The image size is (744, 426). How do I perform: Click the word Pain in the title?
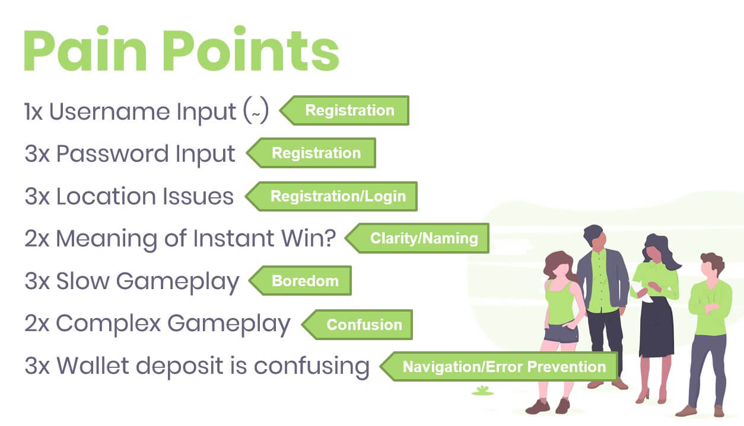click(85, 49)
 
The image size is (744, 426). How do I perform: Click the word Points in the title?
click(251, 49)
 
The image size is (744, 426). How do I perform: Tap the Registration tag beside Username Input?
click(345, 110)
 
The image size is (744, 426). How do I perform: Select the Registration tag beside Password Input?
click(311, 153)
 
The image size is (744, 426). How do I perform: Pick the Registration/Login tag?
click(332, 196)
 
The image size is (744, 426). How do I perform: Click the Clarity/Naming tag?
click(417, 238)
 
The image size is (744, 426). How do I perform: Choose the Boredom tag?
click(300, 281)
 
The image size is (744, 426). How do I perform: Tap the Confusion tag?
click(357, 325)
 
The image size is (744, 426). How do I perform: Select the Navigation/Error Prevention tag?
click(499, 367)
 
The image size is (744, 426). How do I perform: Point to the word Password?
click(112, 153)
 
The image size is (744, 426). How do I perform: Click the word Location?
click(106, 196)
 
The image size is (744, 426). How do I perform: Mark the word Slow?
click(82, 281)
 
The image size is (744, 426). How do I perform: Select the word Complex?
click(109, 324)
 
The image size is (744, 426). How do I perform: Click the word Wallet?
click(93, 366)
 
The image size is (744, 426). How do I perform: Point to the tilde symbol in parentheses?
click(256, 114)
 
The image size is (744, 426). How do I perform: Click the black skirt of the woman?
click(656, 327)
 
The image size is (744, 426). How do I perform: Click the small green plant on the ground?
click(482, 390)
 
